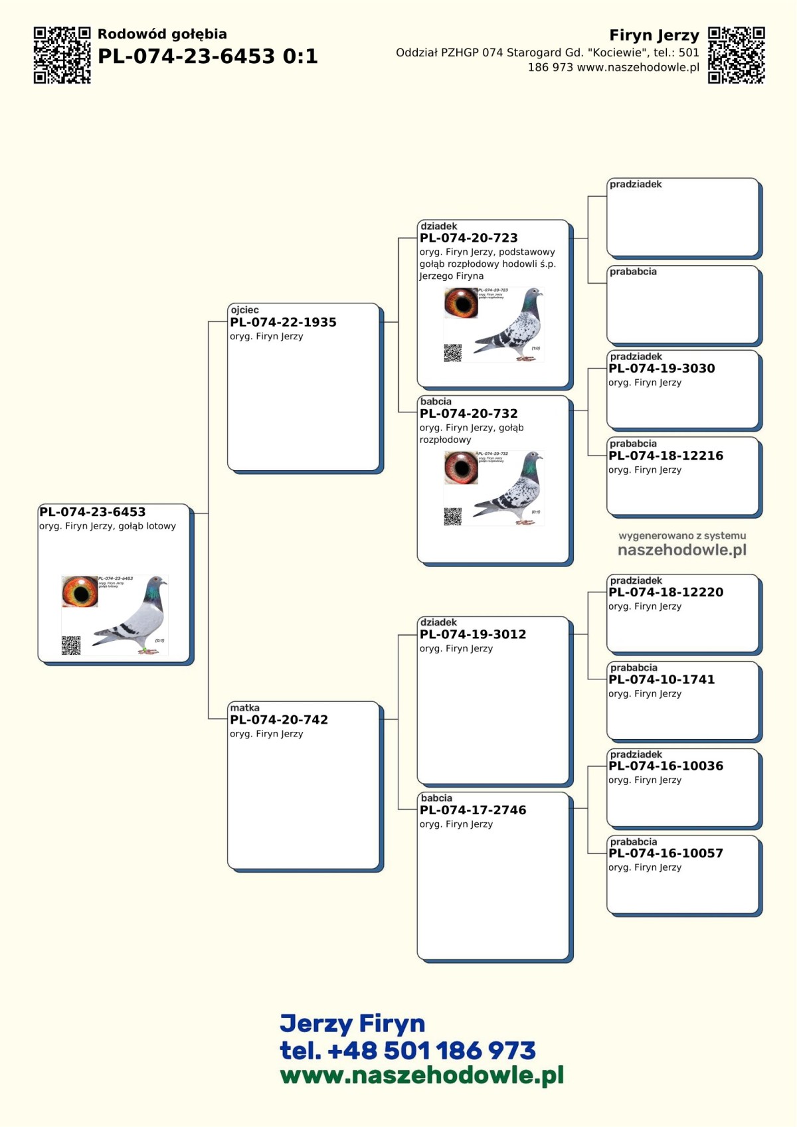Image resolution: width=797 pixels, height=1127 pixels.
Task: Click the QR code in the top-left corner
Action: click(x=62, y=55)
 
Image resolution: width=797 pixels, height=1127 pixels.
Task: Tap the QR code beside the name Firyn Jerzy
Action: click(x=736, y=55)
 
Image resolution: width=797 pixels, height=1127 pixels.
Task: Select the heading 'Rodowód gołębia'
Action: click(x=162, y=34)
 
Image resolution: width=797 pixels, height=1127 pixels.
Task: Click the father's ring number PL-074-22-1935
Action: click(x=283, y=322)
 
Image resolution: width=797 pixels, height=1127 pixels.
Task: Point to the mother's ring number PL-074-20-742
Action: click(x=279, y=719)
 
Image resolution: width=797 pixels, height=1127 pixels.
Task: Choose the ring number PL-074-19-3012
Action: click(x=472, y=634)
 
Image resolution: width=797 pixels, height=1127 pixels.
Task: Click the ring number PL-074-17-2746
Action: click(x=472, y=810)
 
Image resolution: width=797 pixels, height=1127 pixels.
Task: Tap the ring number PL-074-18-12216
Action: click(x=665, y=456)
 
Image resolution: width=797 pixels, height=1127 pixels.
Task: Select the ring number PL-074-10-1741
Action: click(x=662, y=679)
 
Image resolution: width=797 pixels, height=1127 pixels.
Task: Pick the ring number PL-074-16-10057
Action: click(x=665, y=853)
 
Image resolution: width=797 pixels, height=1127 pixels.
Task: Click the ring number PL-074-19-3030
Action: click(x=662, y=369)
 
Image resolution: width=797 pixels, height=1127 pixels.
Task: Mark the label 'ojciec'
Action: click(x=244, y=309)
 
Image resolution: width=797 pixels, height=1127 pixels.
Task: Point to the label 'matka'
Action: click(x=244, y=707)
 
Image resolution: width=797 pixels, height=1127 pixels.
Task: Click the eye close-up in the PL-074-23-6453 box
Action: click(x=80, y=592)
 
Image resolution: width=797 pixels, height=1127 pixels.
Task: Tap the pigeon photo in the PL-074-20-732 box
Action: click(x=511, y=489)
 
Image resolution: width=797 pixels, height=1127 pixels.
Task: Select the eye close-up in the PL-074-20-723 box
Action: click(x=461, y=303)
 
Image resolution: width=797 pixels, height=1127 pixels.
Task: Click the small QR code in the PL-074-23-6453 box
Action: click(x=71, y=645)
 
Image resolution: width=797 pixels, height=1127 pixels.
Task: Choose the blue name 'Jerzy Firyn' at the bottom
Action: click(x=352, y=1023)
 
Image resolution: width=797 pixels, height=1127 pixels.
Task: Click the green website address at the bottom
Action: click(x=422, y=1075)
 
